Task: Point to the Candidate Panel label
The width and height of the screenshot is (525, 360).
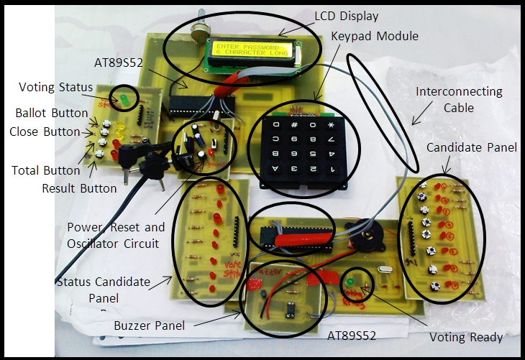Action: (x=470, y=147)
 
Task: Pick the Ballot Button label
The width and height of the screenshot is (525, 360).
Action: (x=48, y=114)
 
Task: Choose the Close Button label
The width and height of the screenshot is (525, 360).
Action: (x=45, y=131)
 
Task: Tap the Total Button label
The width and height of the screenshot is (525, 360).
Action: (x=45, y=170)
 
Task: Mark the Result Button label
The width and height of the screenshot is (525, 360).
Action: (x=79, y=188)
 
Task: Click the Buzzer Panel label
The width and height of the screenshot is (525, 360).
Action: (x=149, y=326)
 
